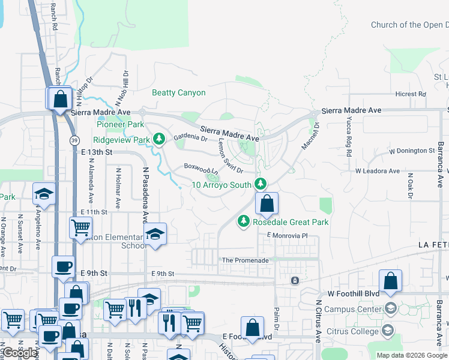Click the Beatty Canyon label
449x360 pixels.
click(x=178, y=93)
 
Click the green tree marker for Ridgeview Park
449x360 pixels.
click(x=158, y=140)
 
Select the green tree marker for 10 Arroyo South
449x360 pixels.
click(x=260, y=184)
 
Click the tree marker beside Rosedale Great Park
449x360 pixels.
click(x=244, y=222)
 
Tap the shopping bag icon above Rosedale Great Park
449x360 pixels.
click(x=267, y=205)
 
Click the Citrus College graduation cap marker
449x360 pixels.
click(x=388, y=330)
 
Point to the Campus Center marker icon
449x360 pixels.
click(x=390, y=309)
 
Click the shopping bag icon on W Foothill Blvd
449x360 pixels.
click(x=390, y=281)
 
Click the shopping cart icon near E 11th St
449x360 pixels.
click(x=80, y=228)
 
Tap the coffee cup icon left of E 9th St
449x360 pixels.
click(x=62, y=266)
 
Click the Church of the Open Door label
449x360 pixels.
click(x=409, y=25)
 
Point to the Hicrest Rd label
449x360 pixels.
click(x=410, y=94)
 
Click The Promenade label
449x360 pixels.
click(x=245, y=260)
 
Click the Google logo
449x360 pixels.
click(x=20, y=353)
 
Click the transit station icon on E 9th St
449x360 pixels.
click(x=295, y=280)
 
